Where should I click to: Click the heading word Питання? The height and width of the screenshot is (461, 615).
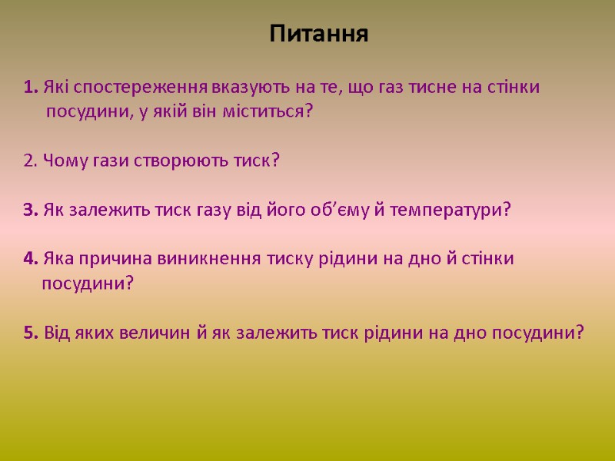pos(319,35)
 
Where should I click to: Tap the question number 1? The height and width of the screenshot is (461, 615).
pos(31,87)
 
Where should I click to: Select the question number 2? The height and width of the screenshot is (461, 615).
pos(31,161)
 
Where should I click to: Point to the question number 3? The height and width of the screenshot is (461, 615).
pos(31,211)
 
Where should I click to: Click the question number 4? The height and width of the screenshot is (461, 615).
pos(31,259)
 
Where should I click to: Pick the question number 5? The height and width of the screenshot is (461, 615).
pos(31,333)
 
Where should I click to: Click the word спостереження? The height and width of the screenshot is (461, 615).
pos(139,87)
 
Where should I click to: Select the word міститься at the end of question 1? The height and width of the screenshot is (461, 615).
pos(274,112)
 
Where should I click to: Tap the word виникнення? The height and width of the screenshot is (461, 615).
pos(195,259)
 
